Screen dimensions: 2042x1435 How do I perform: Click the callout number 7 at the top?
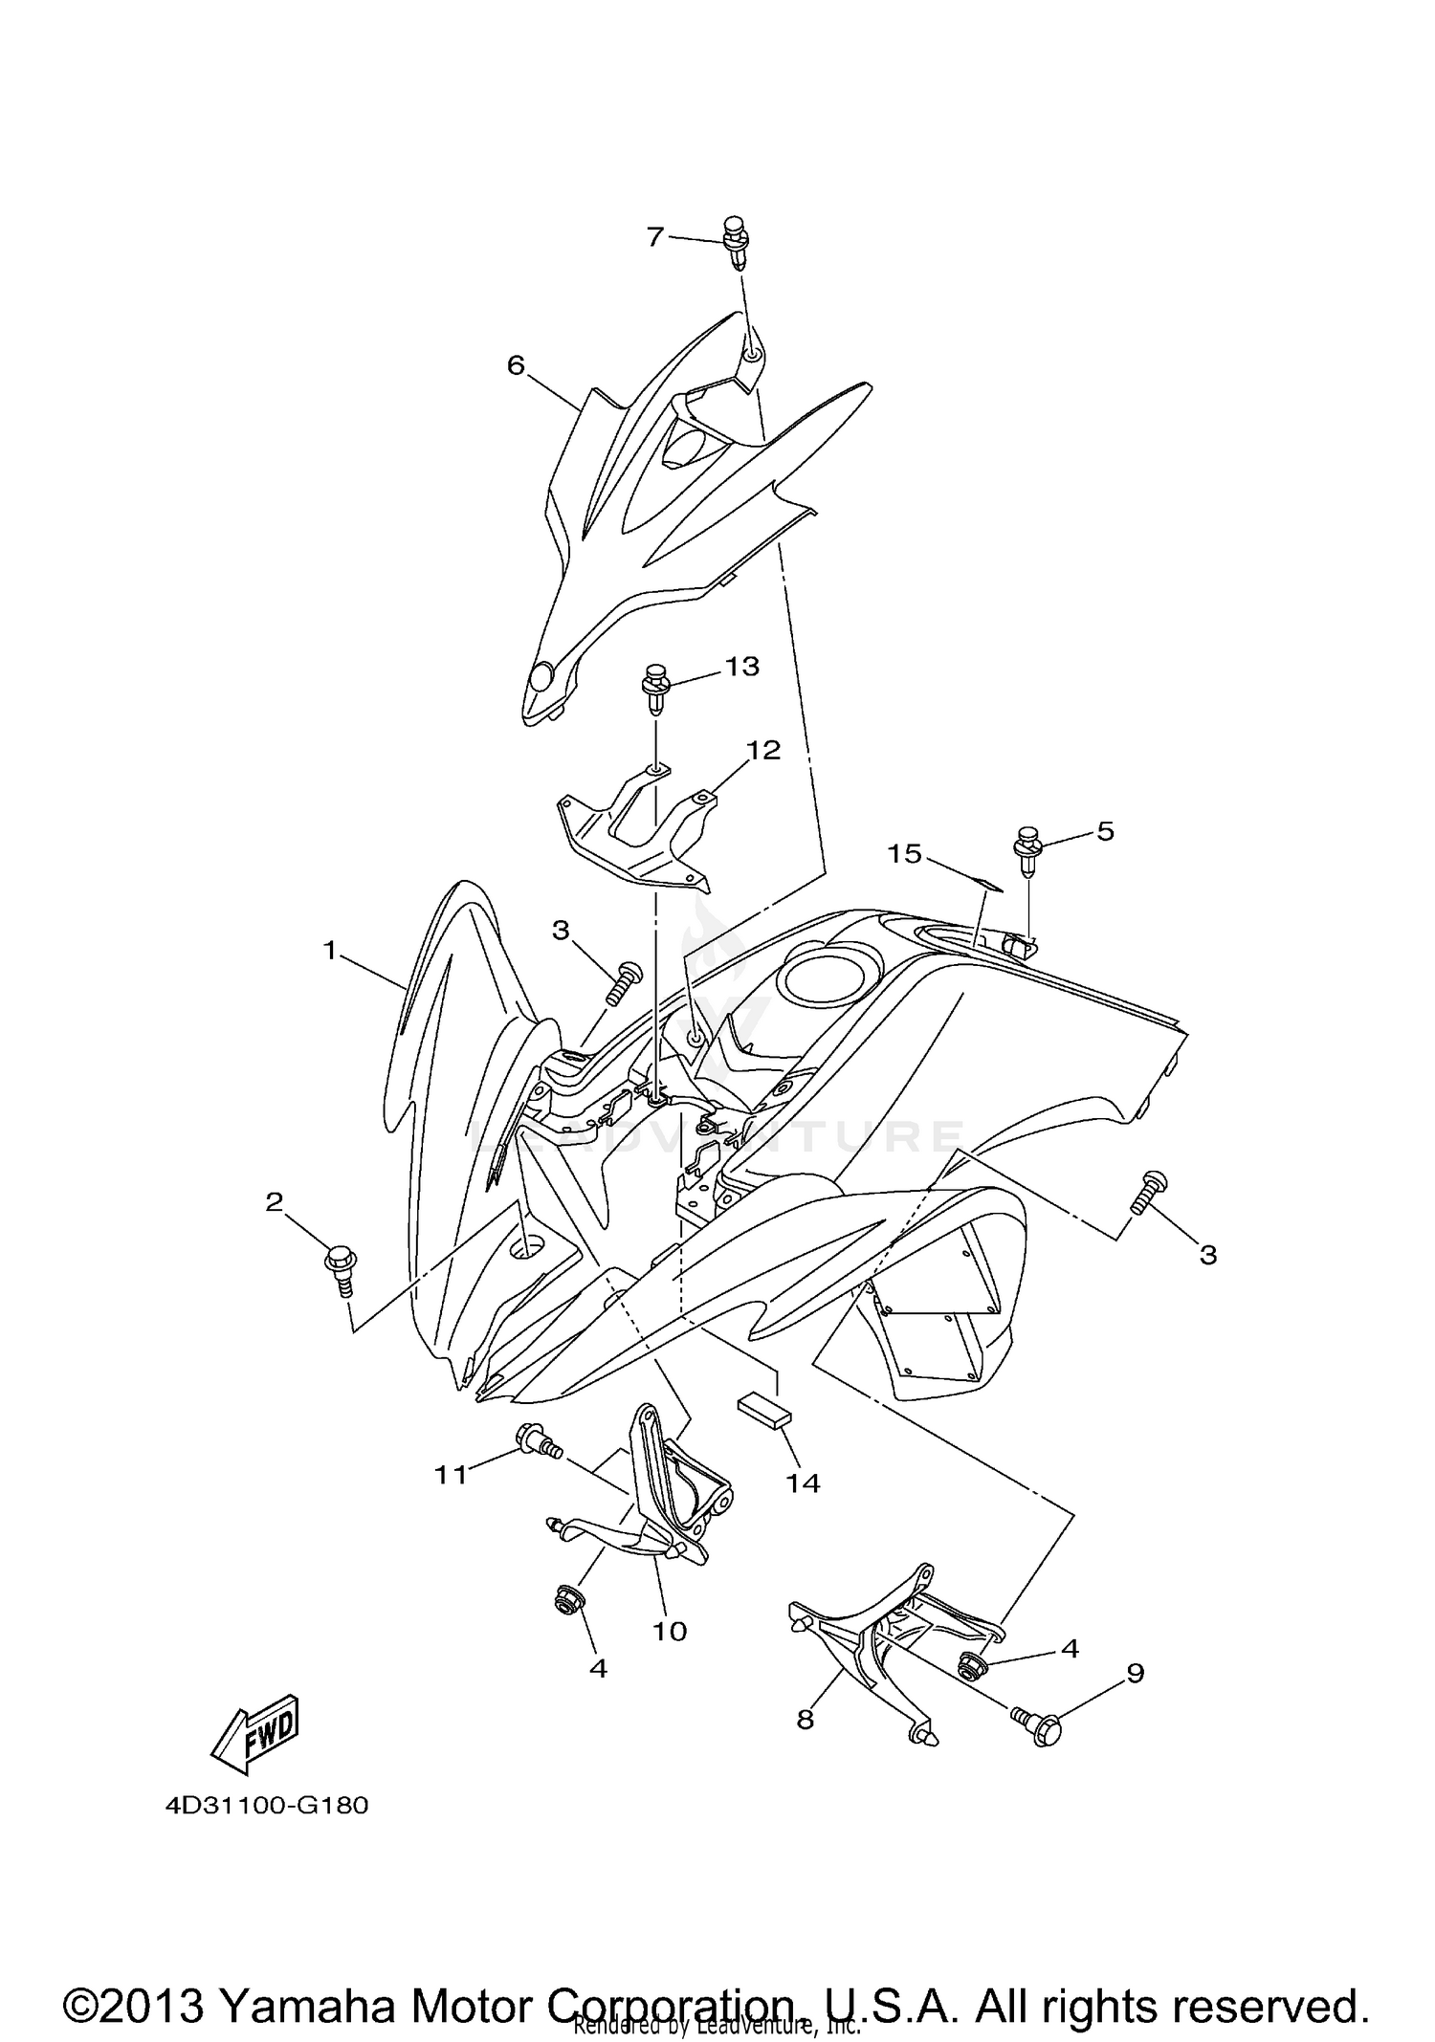(654, 235)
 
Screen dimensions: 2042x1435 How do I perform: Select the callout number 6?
(516, 364)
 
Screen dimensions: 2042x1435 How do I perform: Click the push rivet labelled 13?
(655, 688)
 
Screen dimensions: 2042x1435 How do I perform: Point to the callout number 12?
(763, 751)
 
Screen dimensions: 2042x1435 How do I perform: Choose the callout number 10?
(670, 1631)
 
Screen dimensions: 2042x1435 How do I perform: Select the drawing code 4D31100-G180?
(267, 1806)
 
